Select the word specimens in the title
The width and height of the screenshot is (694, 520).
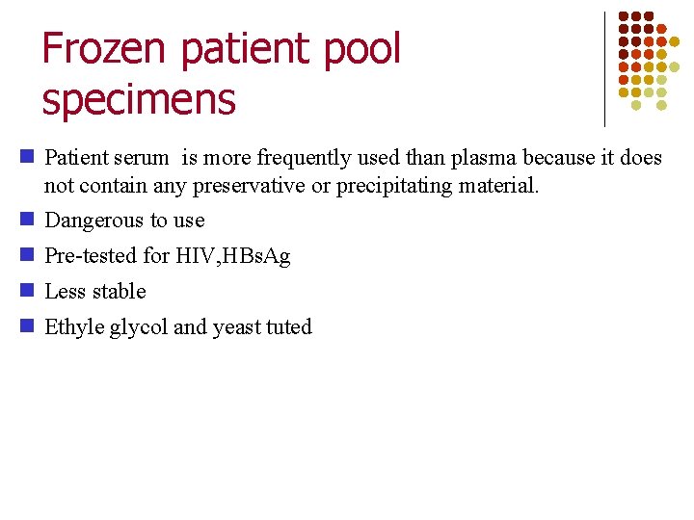(139, 99)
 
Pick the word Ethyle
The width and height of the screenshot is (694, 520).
(74, 327)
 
